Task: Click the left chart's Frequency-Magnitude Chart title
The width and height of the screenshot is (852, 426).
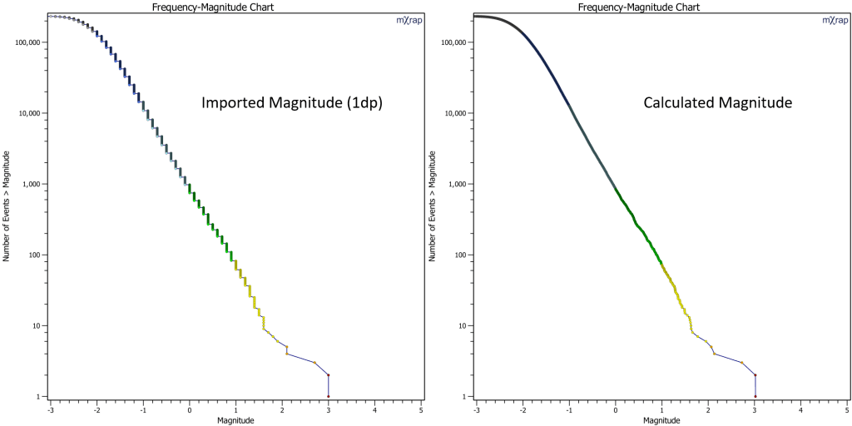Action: click(212, 6)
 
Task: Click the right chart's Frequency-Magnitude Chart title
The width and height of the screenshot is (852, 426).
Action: click(639, 6)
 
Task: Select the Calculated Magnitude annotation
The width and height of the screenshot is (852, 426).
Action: click(716, 103)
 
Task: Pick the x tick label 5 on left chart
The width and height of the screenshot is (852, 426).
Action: click(420, 410)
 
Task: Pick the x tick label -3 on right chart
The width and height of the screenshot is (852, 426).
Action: click(476, 410)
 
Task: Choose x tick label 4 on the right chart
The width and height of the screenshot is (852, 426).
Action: click(800, 410)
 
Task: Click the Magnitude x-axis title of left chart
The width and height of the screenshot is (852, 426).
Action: click(235, 420)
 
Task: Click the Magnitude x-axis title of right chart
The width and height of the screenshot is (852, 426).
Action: click(661, 420)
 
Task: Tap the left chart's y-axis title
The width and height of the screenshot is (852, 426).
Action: click(7, 206)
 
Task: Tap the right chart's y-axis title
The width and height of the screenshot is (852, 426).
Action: click(433, 206)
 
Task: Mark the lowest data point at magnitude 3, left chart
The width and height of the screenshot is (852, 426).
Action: click(328, 396)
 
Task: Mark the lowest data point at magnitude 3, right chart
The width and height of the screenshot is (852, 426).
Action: click(755, 396)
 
